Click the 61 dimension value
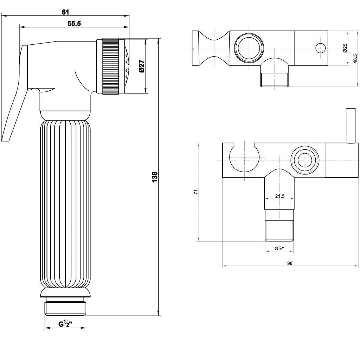[x=65, y=12]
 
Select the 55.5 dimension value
[x=74, y=24]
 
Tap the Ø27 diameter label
[x=142, y=66]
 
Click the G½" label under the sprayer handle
[x=65, y=324]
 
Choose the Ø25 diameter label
[x=345, y=48]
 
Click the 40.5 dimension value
[x=355, y=58]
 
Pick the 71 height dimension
[x=196, y=192]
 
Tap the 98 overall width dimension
[x=290, y=263]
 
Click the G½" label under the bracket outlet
[x=279, y=249]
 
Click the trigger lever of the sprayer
[x=16, y=98]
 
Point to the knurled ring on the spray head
[x=110, y=66]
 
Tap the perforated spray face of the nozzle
[x=127, y=66]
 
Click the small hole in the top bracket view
[x=320, y=47]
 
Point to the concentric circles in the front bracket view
[x=305, y=160]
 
